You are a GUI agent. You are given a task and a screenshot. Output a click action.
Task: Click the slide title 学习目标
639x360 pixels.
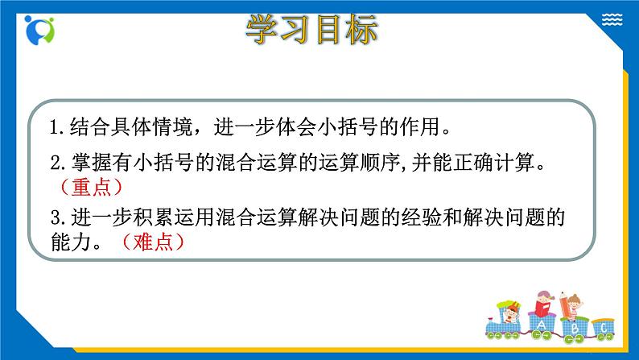(x=311, y=32)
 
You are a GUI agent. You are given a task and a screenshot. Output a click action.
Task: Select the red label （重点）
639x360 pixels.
(x=91, y=187)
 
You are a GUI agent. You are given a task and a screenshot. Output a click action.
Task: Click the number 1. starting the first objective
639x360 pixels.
(x=56, y=127)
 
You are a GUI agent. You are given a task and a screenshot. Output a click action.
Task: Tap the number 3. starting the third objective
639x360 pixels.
(x=56, y=217)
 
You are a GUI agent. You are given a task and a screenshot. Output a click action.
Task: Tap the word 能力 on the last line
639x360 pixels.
(x=68, y=240)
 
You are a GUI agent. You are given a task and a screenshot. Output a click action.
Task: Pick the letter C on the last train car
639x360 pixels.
(x=603, y=328)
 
